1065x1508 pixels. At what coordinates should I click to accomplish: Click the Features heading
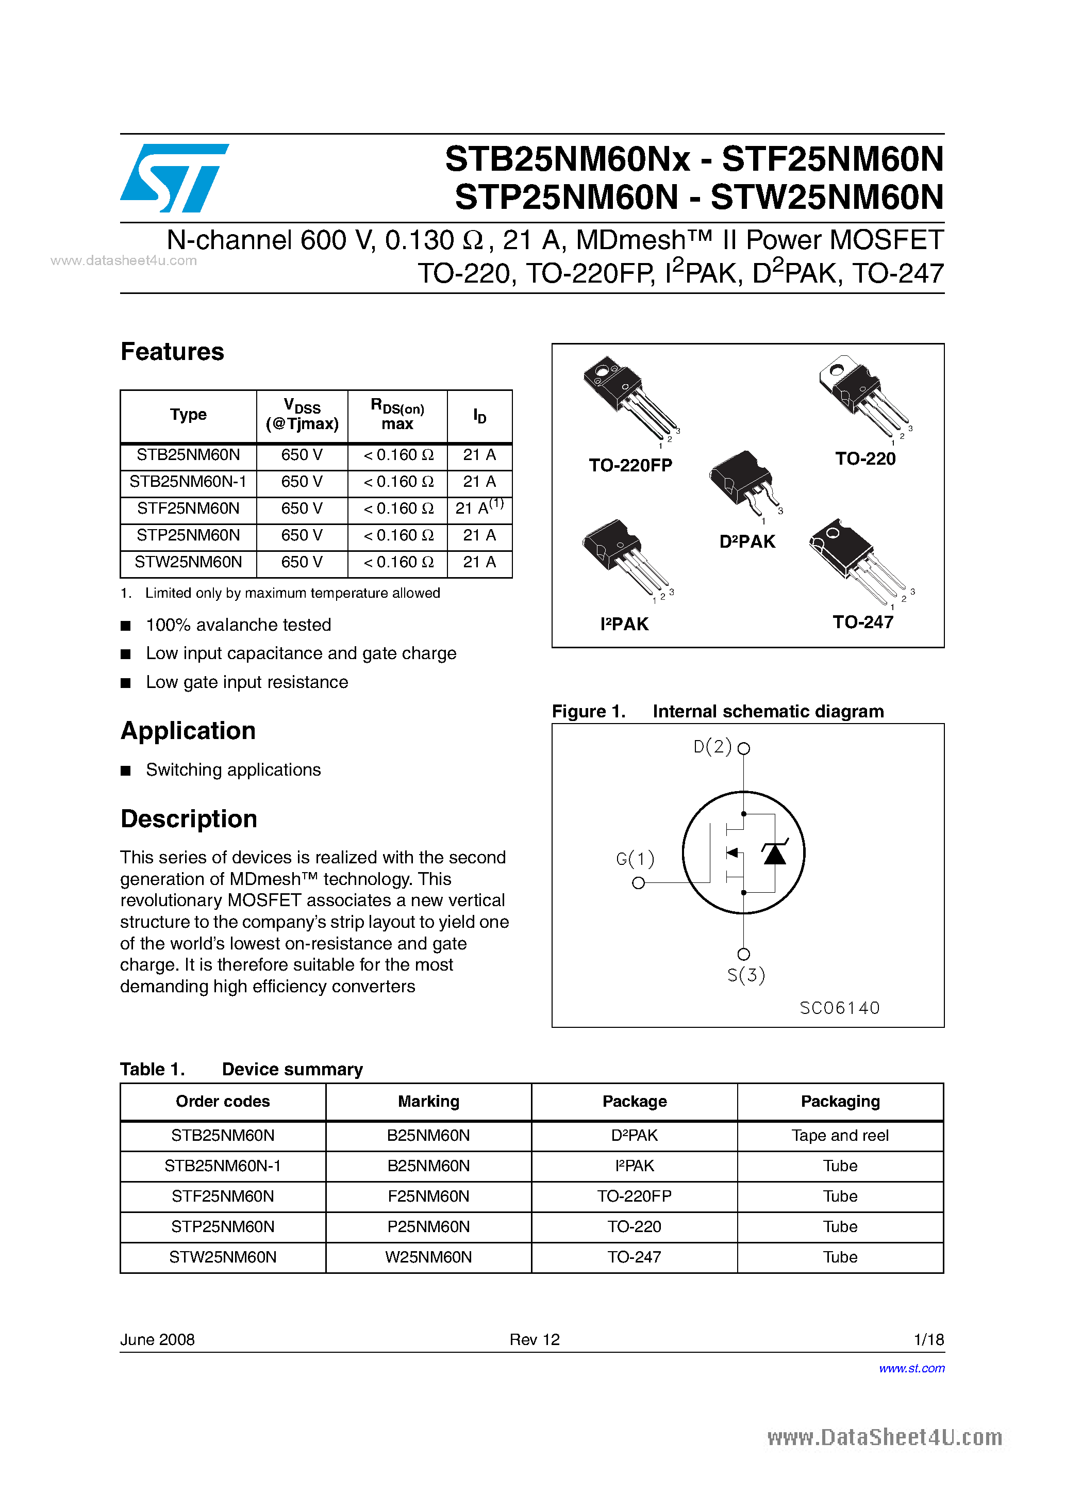(x=172, y=352)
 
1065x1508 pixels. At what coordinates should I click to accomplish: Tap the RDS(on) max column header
(x=397, y=415)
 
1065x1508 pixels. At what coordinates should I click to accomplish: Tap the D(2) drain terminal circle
(x=743, y=748)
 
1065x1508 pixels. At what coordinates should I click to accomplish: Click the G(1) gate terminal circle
(x=638, y=883)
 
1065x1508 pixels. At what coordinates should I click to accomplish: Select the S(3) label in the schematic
(x=746, y=975)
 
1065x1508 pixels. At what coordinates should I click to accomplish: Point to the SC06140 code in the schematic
(x=839, y=1008)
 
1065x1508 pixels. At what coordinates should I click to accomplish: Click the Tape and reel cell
(x=840, y=1136)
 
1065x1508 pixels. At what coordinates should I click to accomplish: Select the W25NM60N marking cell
(x=428, y=1257)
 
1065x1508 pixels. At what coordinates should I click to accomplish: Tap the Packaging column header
(x=840, y=1102)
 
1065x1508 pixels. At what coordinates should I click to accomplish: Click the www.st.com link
(x=911, y=1368)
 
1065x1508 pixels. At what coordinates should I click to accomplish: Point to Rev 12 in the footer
(x=535, y=1339)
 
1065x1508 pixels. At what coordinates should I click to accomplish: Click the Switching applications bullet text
(x=233, y=770)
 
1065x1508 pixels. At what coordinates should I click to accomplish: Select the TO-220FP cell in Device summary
(x=634, y=1196)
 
